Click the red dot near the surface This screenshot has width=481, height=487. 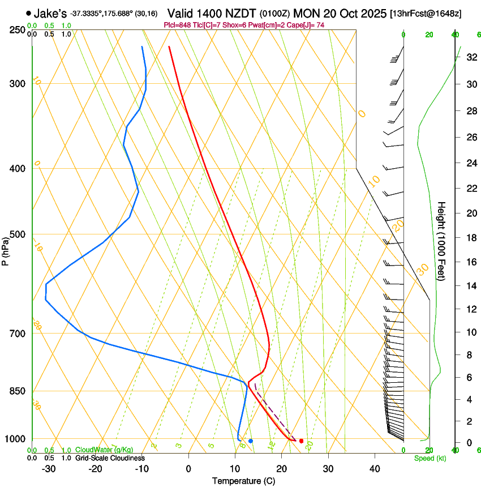[x=301, y=441]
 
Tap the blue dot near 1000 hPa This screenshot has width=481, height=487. [x=251, y=441]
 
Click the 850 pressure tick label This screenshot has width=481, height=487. [x=18, y=391]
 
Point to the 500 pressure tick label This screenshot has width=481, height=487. [x=18, y=234]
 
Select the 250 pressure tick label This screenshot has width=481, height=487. [x=18, y=29]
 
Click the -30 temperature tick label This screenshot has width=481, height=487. [x=49, y=469]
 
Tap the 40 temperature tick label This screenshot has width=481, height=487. [x=375, y=469]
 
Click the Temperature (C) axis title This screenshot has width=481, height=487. [x=243, y=481]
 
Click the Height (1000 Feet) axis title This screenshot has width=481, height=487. [x=441, y=241]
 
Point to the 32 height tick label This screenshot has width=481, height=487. [x=470, y=57]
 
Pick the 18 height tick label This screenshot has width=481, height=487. [x=470, y=238]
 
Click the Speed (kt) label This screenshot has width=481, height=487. [x=430, y=458]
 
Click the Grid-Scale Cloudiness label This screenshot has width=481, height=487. [x=110, y=458]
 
